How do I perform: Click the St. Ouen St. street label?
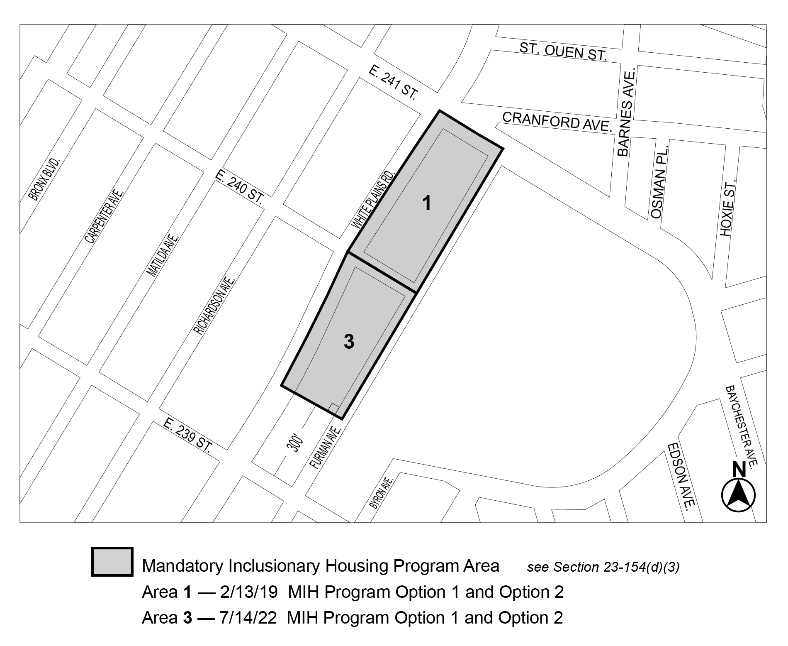pyautogui.click(x=563, y=51)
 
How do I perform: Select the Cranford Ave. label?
pyautogui.click(x=557, y=122)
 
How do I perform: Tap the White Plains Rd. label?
pyautogui.click(x=374, y=198)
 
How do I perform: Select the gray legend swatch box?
pyautogui.click(x=112, y=562)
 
